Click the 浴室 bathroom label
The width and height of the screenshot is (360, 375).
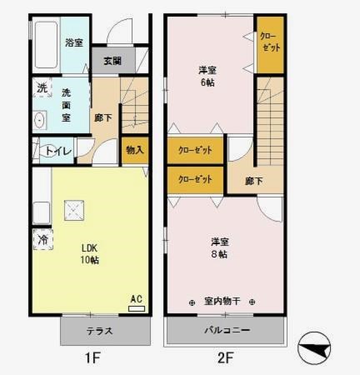74,42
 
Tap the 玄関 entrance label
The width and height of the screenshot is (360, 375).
112,61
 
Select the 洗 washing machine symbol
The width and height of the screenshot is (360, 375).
42,87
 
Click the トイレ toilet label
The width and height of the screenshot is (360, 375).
57,151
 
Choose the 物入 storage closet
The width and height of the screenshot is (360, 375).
134,150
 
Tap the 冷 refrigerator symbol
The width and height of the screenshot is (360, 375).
42,239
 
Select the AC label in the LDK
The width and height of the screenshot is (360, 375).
137,298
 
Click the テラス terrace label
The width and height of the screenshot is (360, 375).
100,331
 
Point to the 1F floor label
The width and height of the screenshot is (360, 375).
91,359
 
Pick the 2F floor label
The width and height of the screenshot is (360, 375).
227,359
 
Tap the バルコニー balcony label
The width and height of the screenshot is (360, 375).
228,331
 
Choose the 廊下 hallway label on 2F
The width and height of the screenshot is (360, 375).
255,181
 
